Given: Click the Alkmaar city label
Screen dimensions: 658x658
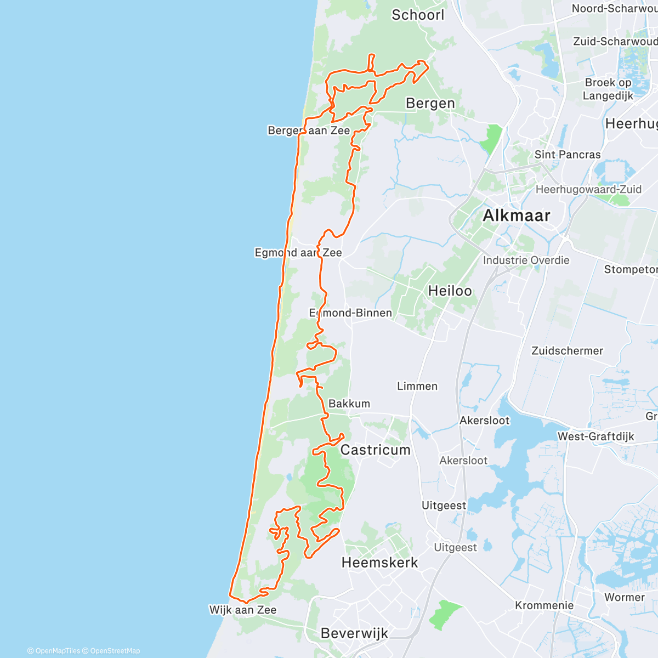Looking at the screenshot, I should tap(516, 215).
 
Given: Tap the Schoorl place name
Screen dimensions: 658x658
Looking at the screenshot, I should tap(418, 15).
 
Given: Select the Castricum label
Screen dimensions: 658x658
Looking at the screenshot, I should tap(376, 450).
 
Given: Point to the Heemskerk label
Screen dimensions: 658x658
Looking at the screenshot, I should tap(379, 563).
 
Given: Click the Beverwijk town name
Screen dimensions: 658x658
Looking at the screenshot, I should tap(354, 633).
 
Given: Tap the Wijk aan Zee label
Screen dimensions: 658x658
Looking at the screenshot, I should tap(243, 610).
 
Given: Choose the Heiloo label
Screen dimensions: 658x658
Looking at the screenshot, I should tap(450, 291).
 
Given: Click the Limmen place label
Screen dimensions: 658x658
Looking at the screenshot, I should tap(417, 386).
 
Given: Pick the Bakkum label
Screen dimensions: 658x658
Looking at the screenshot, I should tap(349, 404).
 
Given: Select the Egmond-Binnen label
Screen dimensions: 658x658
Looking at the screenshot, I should tap(351, 313).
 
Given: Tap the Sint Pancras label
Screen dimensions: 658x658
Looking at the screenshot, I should tap(568, 155).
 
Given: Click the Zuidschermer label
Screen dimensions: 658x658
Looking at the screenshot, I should tap(567, 350).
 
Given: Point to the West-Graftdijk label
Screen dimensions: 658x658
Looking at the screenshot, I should tap(595, 436).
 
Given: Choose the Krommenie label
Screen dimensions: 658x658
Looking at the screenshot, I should tap(544, 605).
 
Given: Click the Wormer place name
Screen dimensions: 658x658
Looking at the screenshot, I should tap(625, 597).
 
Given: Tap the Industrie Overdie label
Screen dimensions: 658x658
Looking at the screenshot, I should tap(526, 260).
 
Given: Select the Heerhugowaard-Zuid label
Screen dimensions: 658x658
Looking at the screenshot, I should tap(588, 189).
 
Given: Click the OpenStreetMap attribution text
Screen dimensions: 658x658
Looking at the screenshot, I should tap(115, 651).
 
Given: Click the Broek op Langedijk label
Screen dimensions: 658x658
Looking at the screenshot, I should tap(608, 89).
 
